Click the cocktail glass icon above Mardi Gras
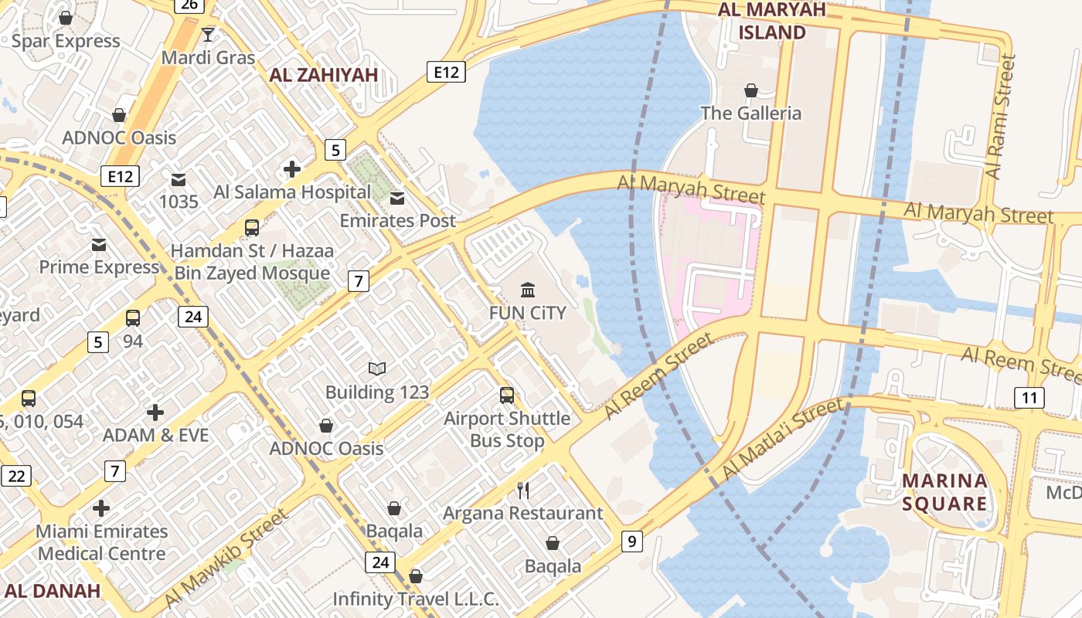(207, 34)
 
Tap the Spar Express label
(66, 41)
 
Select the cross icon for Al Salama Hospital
(292, 169)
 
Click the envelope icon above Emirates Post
(397, 199)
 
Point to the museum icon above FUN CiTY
(528, 290)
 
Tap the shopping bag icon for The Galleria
(750, 91)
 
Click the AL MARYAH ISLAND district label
(771, 21)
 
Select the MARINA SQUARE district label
(944, 493)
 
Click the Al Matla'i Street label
(781, 440)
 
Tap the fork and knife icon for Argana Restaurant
(523, 490)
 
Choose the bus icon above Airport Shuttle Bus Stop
(507, 396)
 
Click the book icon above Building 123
(377, 369)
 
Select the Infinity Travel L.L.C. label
(416, 599)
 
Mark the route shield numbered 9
(632, 542)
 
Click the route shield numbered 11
(1029, 398)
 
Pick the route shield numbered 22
(15, 476)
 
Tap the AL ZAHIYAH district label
(323, 75)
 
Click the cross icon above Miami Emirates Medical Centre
(101, 508)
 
